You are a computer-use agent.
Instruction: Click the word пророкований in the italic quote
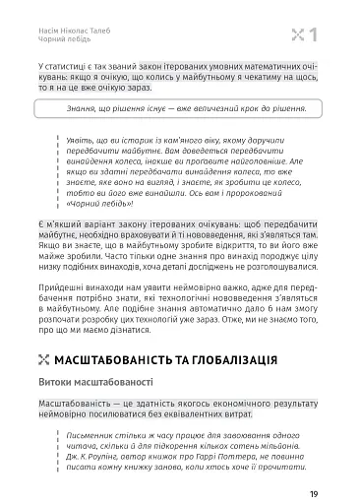coord(250,193)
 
